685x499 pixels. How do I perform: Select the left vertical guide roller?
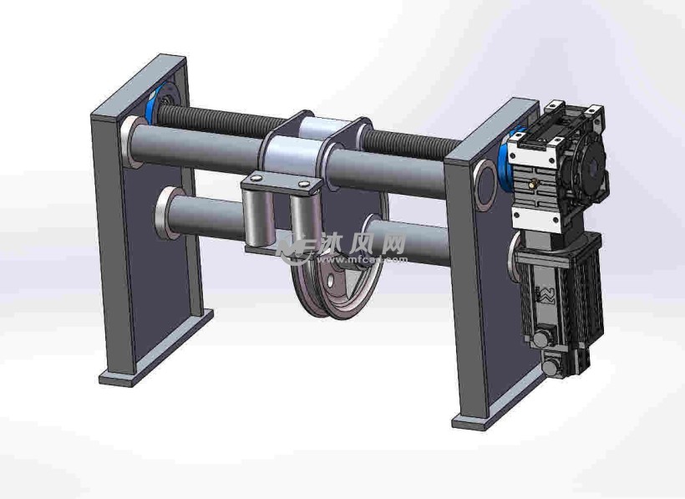(256, 216)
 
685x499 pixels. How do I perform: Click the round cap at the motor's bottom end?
(551, 365)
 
